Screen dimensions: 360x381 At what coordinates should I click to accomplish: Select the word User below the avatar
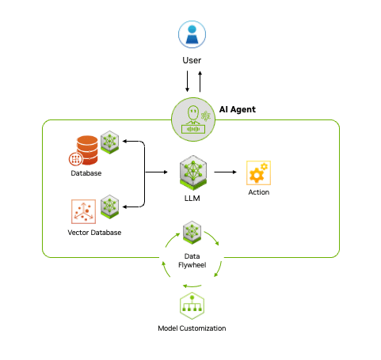pos(191,60)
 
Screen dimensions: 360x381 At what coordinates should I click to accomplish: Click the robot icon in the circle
pos(191,119)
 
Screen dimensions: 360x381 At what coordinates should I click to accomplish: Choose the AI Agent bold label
pos(237,109)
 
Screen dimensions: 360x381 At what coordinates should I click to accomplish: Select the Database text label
pos(86,173)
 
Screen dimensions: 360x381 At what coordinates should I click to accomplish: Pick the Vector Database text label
pos(94,233)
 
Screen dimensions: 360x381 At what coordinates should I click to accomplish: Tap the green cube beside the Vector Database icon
pos(109,207)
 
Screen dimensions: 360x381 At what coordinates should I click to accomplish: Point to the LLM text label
pos(191,198)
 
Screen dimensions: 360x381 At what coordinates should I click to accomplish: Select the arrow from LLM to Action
pos(225,171)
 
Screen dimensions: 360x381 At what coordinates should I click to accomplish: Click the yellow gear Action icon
pos(258,172)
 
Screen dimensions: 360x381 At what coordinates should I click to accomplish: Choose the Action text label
pos(258,192)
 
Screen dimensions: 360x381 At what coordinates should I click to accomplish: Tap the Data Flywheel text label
pos(191,260)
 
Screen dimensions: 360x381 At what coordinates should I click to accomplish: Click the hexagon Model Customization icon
pos(191,306)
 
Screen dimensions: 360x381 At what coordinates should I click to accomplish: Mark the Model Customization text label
pos(191,328)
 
